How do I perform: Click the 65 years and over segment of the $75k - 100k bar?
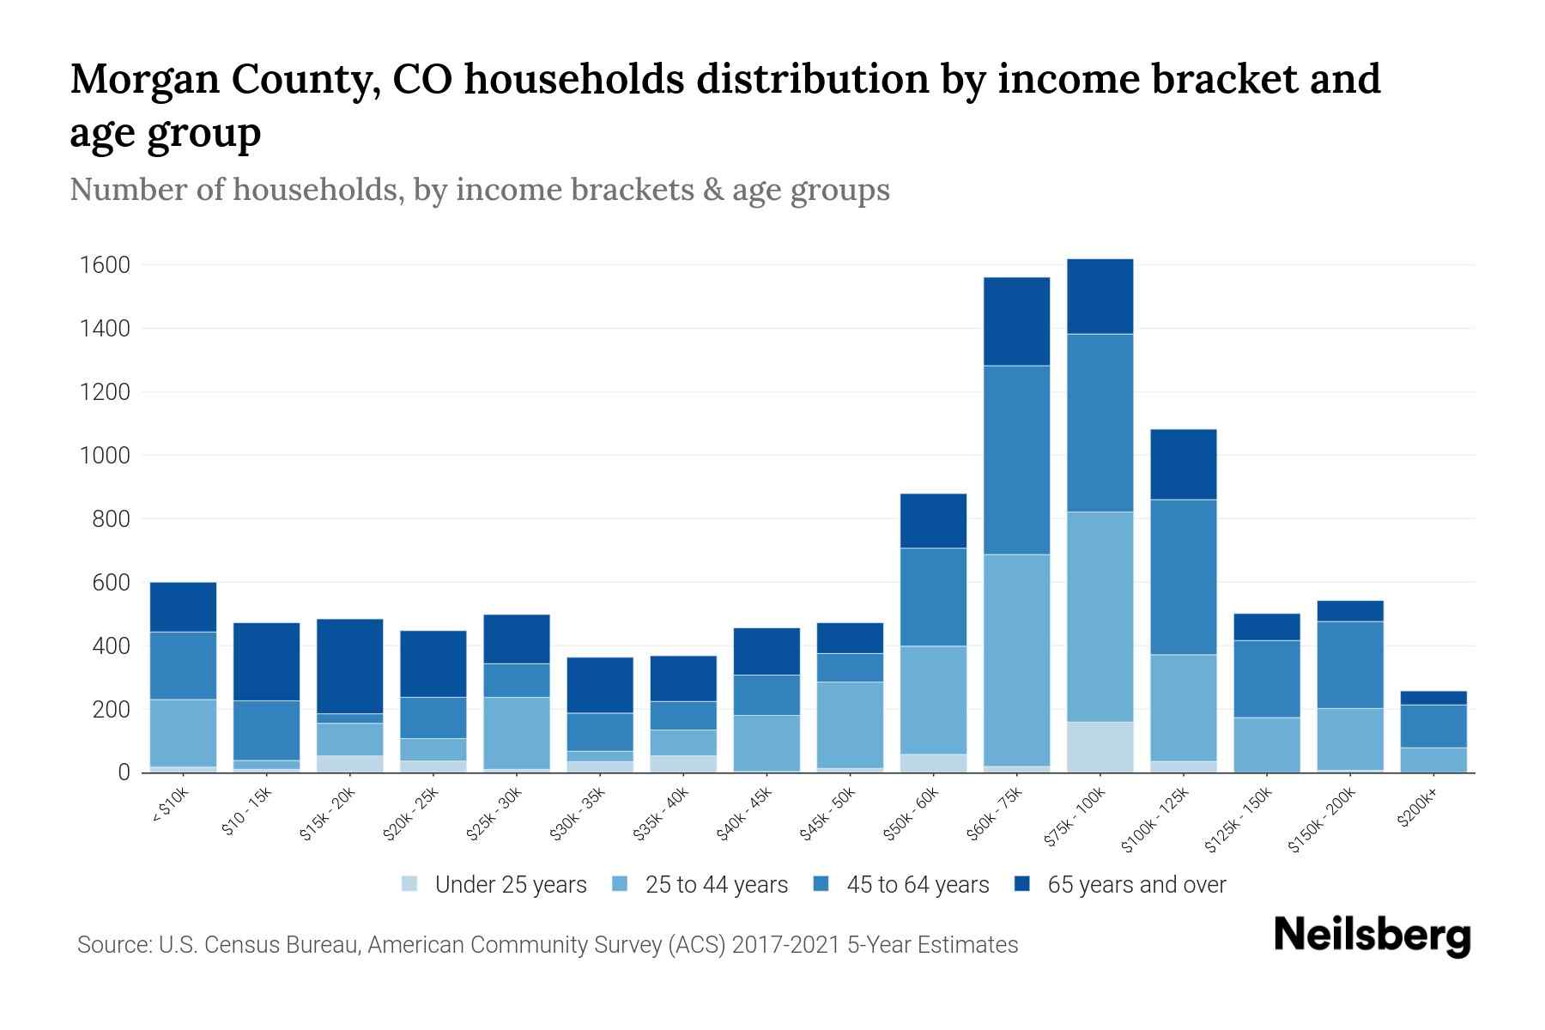1100,296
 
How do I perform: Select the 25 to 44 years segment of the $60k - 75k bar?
1016,659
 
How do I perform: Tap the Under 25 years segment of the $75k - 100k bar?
1100,747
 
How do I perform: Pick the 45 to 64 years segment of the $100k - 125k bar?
1183,577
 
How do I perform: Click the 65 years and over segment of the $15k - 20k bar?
349,666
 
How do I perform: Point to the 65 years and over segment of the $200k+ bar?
1433,698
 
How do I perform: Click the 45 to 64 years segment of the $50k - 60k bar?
933,597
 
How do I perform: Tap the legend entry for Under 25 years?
510,885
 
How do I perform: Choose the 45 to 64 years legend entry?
917,885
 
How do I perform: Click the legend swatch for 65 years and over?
1021,884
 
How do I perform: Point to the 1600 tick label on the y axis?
104,265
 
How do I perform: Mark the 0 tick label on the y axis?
124,772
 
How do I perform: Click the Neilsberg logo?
1372,936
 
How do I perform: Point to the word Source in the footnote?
112,945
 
